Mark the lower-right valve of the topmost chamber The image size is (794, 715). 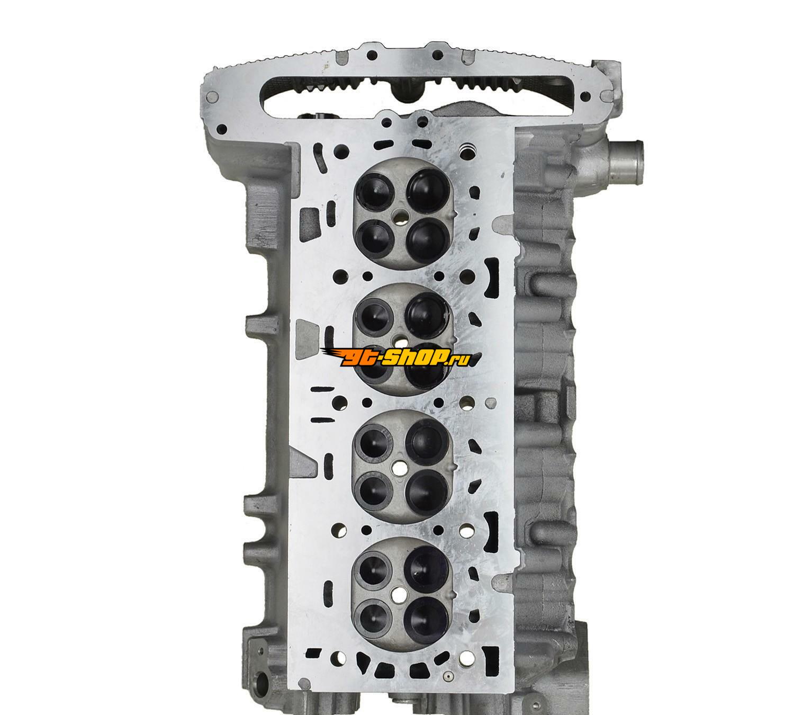428,240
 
